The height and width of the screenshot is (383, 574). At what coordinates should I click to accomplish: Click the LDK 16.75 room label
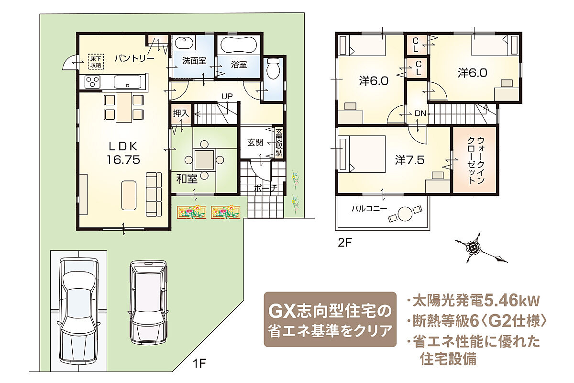123,153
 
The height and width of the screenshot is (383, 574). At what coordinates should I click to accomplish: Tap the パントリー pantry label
134,58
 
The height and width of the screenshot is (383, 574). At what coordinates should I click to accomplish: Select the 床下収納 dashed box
96,62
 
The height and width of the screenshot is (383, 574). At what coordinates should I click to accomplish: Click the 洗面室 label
194,61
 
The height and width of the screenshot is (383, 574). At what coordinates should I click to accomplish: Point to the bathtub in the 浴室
239,45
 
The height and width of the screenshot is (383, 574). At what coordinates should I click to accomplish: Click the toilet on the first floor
273,68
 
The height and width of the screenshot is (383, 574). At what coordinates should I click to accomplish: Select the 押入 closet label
181,113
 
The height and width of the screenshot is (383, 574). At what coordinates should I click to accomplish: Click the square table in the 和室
204,159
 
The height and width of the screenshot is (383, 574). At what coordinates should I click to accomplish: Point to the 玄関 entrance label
255,143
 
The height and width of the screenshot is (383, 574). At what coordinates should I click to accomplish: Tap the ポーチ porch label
266,188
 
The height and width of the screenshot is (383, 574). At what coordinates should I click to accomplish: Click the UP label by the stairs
227,96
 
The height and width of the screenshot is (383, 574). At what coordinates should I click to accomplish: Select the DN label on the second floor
420,113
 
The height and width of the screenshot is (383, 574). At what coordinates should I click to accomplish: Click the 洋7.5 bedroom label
410,160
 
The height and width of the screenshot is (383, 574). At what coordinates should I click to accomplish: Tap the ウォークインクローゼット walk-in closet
475,160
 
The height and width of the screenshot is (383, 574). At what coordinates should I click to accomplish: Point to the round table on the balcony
405,214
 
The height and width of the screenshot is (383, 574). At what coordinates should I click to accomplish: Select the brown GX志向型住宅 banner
330,319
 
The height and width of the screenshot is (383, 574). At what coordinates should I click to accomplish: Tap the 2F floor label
345,243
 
